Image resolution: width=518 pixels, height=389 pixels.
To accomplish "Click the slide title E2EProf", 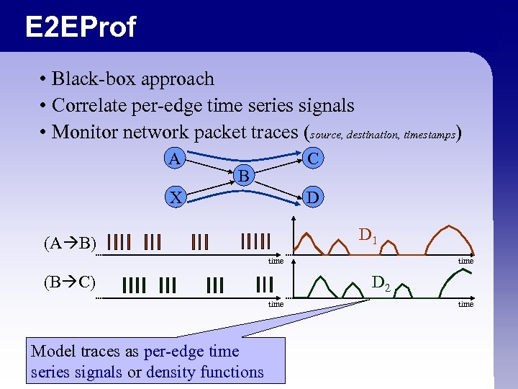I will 80,27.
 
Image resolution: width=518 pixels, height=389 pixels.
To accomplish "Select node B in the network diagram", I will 244,175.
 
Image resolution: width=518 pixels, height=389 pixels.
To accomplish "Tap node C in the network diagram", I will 312,158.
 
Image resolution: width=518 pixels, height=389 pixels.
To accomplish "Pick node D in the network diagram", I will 312,196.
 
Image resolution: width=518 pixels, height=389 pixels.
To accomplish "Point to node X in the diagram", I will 173,197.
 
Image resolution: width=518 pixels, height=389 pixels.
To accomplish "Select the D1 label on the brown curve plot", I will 367,235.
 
